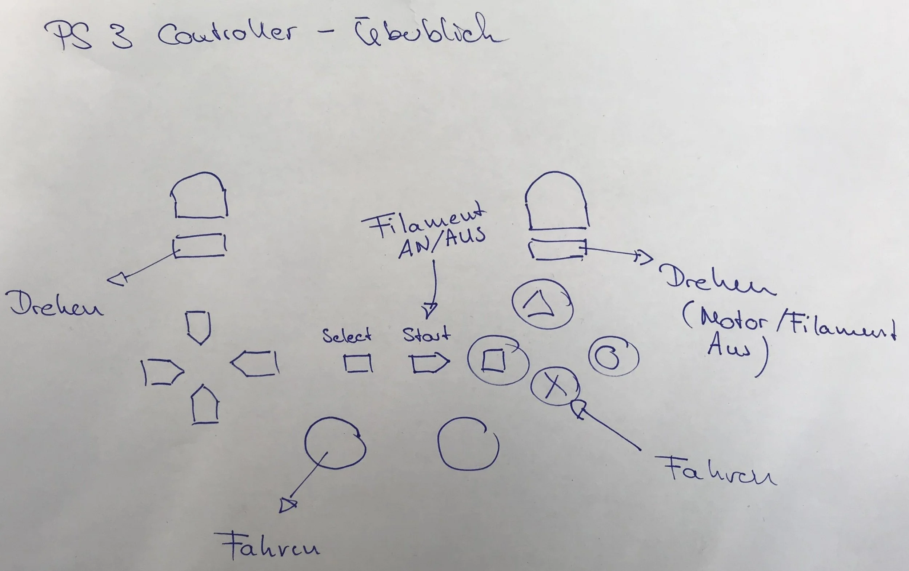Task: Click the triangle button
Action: pos(542,304)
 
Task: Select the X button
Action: pos(554,386)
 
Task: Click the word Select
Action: pos(347,335)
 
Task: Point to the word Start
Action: pos(427,334)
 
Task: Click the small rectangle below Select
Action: pos(357,363)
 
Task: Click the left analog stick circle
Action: pos(335,443)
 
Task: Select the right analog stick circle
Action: pos(468,444)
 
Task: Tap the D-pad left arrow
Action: pos(162,372)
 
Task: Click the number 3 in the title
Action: pos(122,36)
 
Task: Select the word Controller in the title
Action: pos(227,34)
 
